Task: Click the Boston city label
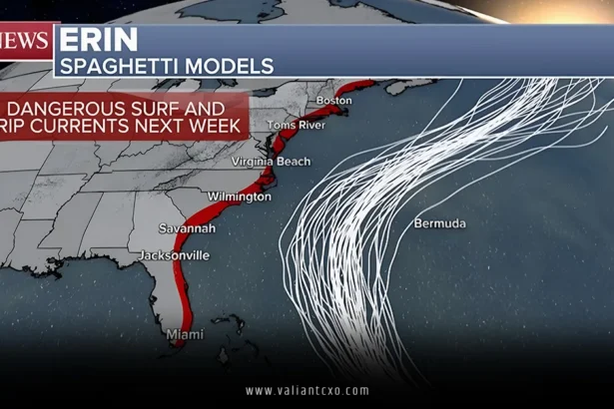(334, 101)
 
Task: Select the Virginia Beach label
(271, 162)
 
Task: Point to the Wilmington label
(239, 197)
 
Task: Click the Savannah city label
(186, 228)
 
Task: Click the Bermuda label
(439, 222)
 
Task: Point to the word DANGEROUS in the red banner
(65, 108)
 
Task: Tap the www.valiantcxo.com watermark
(307, 391)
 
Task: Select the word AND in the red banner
(213, 108)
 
